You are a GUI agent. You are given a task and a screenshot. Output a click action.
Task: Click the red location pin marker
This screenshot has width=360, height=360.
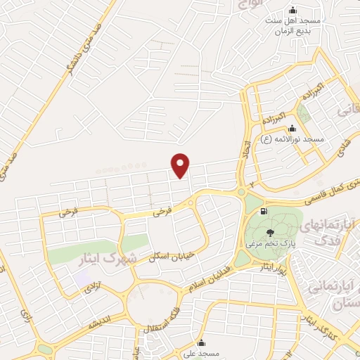pyautogui.click(x=181, y=165)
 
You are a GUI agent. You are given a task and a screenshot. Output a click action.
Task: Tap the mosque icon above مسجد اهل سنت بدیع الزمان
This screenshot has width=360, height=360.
pyautogui.click(x=293, y=10)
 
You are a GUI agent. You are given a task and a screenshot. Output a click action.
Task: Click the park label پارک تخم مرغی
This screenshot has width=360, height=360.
pyautogui.click(x=269, y=244)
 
